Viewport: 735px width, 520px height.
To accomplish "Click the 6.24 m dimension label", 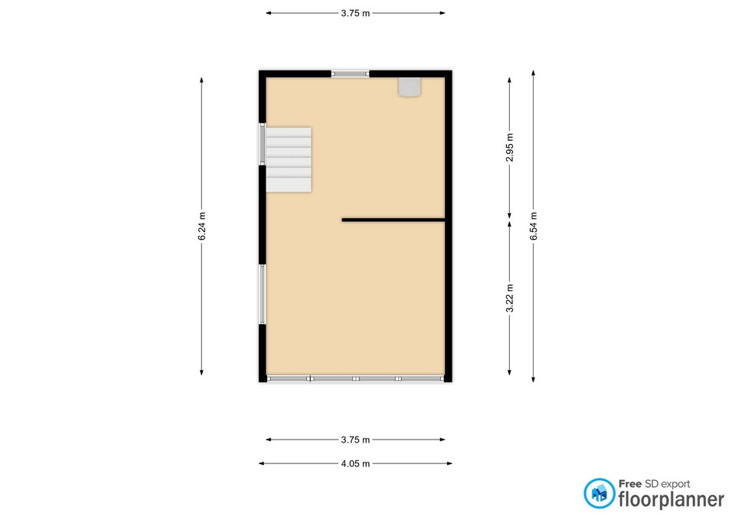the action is pyautogui.click(x=202, y=226).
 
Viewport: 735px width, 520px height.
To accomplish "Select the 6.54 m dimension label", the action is pyautogui.click(x=534, y=226).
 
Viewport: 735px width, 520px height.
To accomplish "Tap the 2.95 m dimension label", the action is pyautogui.click(x=510, y=147).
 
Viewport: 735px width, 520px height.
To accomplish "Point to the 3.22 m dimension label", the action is pyautogui.click(x=510, y=298).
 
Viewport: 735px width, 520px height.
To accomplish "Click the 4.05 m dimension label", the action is pyautogui.click(x=355, y=464).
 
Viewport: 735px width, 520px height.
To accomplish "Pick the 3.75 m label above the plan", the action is pyautogui.click(x=355, y=13).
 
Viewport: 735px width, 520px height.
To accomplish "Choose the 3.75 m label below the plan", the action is pyautogui.click(x=355, y=440).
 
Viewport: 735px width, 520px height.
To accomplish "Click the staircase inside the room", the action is pyautogui.click(x=289, y=160).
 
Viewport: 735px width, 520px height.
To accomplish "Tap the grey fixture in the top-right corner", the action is pyautogui.click(x=410, y=87).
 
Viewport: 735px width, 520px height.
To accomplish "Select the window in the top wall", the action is pyautogui.click(x=350, y=74).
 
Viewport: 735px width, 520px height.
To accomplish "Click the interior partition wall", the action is pyautogui.click(x=394, y=220).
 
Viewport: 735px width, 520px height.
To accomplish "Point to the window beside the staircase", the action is pyautogui.click(x=263, y=144).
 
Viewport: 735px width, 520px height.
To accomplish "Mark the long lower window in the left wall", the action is pyautogui.click(x=263, y=294).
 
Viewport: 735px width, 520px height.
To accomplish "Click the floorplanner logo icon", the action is pyautogui.click(x=599, y=493).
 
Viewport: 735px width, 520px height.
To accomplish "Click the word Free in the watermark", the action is pyautogui.click(x=630, y=484).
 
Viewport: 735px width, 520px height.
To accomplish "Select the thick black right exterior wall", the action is pyautogui.click(x=449, y=226).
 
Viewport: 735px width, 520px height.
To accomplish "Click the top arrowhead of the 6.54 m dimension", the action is pyautogui.click(x=534, y=73).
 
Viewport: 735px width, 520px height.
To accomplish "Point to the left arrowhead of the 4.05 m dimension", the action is pyautogui.click(x=261, y=464).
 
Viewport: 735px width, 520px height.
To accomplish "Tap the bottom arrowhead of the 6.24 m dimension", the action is pyautogui.click(x=202, y=372).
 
